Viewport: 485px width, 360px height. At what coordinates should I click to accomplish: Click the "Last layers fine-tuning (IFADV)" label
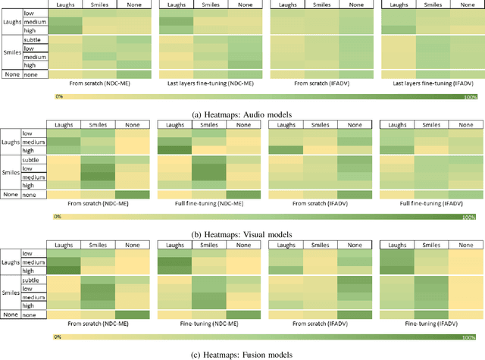click(x=429, y=82)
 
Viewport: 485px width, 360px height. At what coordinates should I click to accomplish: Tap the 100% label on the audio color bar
click(x=469, y=98)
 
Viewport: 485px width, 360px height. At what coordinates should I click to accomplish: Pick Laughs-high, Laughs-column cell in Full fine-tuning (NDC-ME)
click(x=174, y=151)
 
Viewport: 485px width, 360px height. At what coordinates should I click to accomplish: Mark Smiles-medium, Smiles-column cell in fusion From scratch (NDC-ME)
click(x=99, y=297)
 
